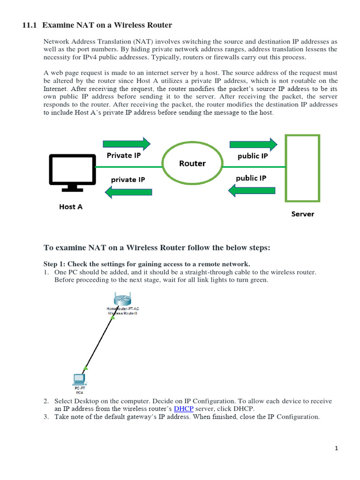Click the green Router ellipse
coord(192,164)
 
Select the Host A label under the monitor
coord(71,207)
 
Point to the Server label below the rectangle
coord(303,214)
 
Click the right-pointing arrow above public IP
coord(254,144)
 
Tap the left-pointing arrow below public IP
coord(251,190)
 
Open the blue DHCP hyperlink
coord(184,409)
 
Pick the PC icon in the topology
coord(79,378)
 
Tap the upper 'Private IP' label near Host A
coord(124,155)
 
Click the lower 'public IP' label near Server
coord(251,178)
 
